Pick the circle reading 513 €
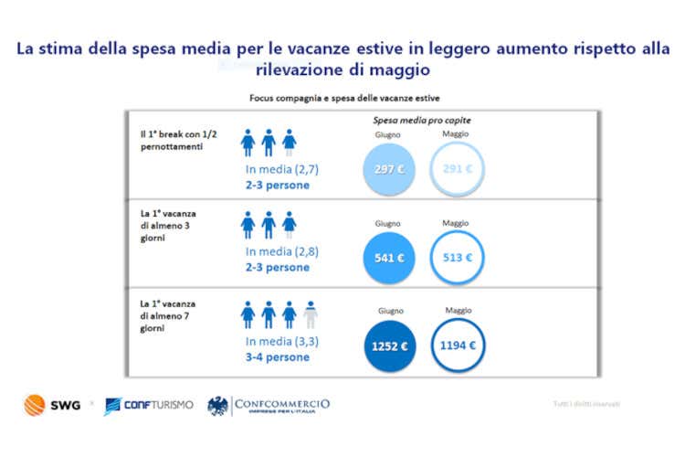click(457, 257)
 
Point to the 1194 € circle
click(457, 345)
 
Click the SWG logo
click(52, 403)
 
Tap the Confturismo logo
click(149, 404)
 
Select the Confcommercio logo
click(269, 404)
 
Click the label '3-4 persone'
click(278, 356)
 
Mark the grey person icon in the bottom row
click(311, 314)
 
